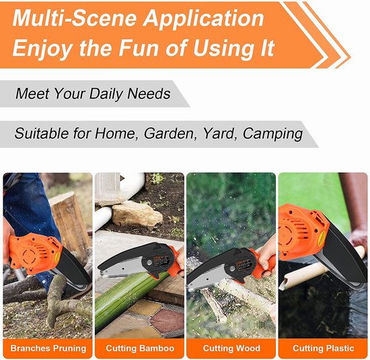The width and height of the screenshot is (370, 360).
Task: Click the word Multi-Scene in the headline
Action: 75,18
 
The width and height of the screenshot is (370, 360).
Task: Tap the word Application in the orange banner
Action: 204,20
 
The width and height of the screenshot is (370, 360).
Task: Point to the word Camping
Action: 272,134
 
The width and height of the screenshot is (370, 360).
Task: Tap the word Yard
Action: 220,134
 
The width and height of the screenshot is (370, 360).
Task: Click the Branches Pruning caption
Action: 48,349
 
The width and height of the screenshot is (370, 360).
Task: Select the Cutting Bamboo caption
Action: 140,349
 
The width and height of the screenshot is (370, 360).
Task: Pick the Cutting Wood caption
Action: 231,349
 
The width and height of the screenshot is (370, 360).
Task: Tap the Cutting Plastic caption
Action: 324,349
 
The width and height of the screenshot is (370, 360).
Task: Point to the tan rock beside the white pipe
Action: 137,214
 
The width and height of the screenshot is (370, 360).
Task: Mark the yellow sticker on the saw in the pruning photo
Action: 57,257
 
